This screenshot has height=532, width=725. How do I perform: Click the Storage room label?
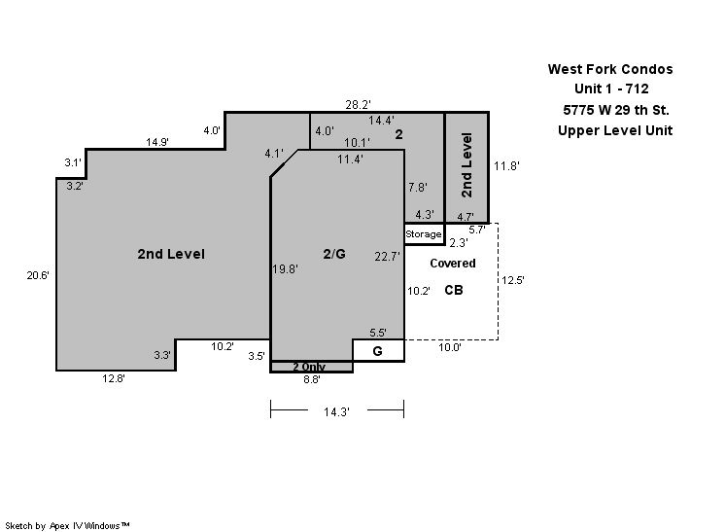[423, 234]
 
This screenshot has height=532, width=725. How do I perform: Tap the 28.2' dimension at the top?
[358, 104]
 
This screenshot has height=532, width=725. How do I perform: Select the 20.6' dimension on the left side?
[38, 275]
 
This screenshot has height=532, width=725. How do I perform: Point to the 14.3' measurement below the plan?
[336, 411]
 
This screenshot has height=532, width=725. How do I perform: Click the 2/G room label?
[334, 254]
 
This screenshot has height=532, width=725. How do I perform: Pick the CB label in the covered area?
[454, 290]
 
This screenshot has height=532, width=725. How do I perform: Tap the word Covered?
[453, 264]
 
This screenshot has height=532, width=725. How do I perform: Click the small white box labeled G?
[379, 351]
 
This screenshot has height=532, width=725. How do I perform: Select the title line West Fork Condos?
[610, 69]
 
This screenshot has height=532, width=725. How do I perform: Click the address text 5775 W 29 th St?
[616, 110]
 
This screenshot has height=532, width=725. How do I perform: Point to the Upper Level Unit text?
[615, 130]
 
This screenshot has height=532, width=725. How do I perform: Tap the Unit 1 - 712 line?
[611, 89]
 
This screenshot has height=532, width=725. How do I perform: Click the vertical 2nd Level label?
[467, 165]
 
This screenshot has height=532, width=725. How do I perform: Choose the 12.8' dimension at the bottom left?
[114, 378]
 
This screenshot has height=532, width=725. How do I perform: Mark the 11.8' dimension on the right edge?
[506, 165]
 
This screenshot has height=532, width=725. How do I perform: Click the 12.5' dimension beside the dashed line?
[513, 280]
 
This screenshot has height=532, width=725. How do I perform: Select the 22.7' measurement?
[387, 256]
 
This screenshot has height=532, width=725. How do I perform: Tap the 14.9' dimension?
[157, 142]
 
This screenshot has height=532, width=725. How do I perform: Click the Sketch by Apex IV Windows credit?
[67, 525]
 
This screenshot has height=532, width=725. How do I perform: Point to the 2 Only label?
[309, 367]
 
